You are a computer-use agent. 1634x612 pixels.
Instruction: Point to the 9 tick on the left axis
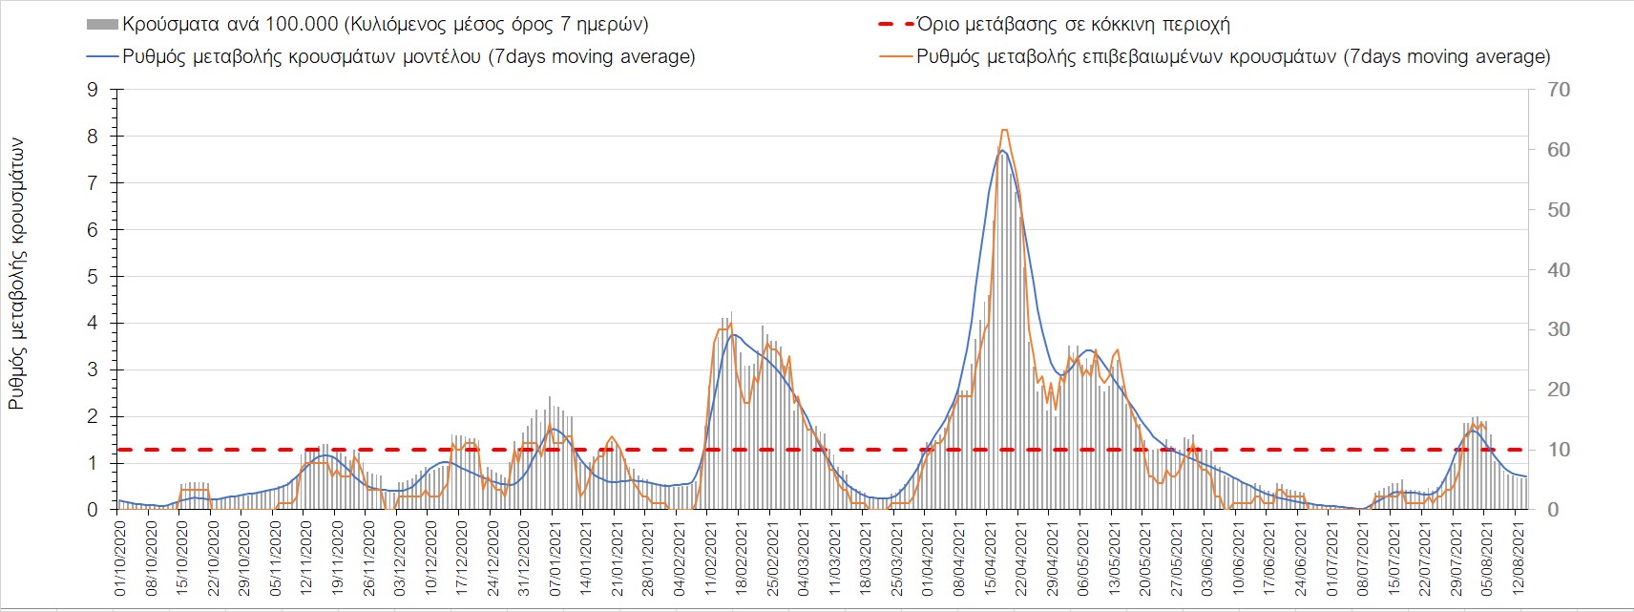tap(93, 90)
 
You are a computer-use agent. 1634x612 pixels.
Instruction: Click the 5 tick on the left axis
tap(93, 277)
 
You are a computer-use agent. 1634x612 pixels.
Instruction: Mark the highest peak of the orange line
tap(1004, 130)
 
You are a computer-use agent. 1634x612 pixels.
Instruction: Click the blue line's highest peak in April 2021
tap(1001, 150)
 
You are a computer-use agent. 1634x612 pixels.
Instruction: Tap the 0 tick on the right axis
tap(1552, 510)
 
